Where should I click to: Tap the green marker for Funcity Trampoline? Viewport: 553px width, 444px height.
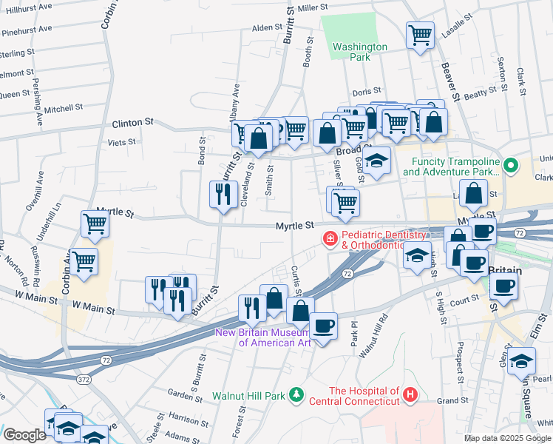click(510, 164)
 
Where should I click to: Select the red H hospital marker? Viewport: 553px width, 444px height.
click(410, 396)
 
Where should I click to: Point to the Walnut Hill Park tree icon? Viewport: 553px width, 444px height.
click(296, 396)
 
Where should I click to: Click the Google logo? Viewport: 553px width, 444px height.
click(24, 435)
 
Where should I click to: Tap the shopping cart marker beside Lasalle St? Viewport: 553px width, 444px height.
click(419, 34)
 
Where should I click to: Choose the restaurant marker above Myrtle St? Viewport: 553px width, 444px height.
click(223, 194)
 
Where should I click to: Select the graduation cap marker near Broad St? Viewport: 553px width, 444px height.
click(377, 161)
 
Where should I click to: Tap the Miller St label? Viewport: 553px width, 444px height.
click(313, 7)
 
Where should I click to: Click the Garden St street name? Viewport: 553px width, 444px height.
click(180, 393)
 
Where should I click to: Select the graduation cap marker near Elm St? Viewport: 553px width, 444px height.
click(522, 362)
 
